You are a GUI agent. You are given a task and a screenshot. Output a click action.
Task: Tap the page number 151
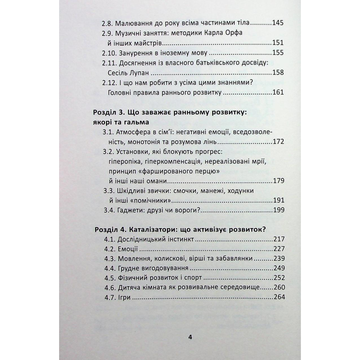[x=277, y=43]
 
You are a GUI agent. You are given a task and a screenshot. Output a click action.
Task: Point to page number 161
[x=277, y=92]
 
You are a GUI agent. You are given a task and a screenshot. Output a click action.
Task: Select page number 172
[x=278, y=142]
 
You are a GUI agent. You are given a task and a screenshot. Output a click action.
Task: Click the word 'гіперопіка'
[x=125, y=162]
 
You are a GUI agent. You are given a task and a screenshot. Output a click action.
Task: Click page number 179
[x=278, y=181]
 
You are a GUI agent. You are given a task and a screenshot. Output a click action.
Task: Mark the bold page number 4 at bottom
[x=190, y=337]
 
